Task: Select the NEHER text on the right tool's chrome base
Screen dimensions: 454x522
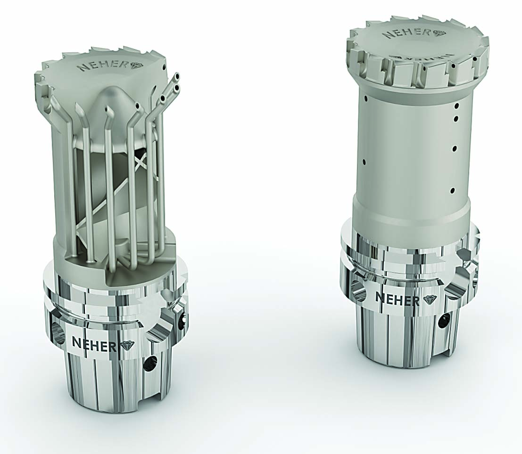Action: [397, 299]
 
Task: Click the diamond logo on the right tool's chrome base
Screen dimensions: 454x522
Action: [429, 300]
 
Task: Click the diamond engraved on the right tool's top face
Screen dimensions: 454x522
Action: [440, 33]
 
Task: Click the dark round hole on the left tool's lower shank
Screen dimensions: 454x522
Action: [151, 363]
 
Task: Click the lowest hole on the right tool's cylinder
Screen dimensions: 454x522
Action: [453, 191]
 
